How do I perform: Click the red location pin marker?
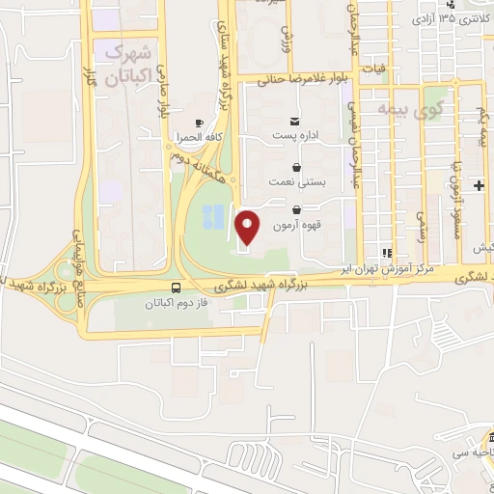[x=248, y=228]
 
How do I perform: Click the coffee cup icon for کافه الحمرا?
[x=199, y=123]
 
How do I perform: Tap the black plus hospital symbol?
[x=479, y=182]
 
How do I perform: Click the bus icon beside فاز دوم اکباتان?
[x=175, y=288]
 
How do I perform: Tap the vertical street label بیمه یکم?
[x=480, y=128]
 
